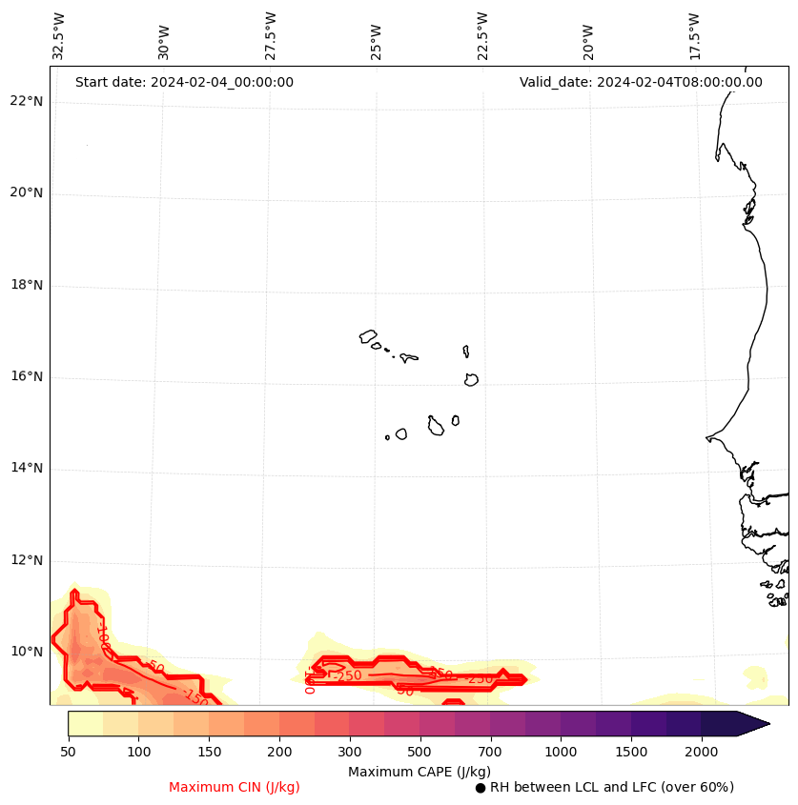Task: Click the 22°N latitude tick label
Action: click(26, 101)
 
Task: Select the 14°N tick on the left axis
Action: click(26, 468)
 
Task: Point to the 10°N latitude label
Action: click(26, 652)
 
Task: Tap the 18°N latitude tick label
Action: click(26, 285)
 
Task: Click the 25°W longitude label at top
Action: click(377, 36)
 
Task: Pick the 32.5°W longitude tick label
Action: click(59, 36)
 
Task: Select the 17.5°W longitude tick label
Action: click(694, 36)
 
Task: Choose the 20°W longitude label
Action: click(588, 36)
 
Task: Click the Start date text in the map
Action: click(184, 82)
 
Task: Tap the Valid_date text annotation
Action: click(641, 82)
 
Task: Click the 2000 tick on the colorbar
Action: click(701, 753)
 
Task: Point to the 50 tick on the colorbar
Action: click(68, 753)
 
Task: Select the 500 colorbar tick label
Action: click(419, 753)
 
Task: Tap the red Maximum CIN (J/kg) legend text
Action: click(235, 787)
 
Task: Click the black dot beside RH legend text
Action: click(481, 788)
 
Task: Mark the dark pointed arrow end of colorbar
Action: click(753, 723)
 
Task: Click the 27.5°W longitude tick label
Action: click(271, 36)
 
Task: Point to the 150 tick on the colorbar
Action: click(209, 753)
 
